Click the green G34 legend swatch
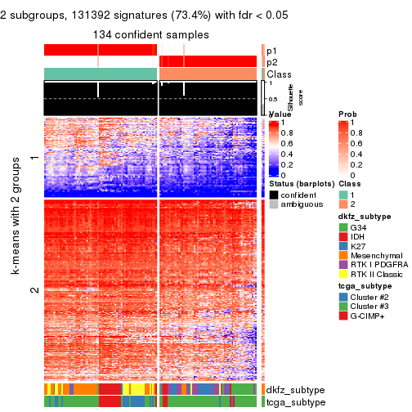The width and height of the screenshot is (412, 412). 343,226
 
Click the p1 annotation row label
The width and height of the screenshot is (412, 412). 272,50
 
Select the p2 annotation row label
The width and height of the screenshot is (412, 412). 272,62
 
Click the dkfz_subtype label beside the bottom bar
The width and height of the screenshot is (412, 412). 296,390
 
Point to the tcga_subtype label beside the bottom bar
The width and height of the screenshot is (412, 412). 295,402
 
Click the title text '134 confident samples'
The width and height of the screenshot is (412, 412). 153,34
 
